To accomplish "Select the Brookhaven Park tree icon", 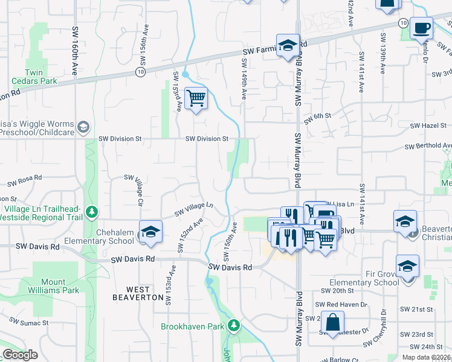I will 234,326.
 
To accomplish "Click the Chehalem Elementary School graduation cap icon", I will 150,231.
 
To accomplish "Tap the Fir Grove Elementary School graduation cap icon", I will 407,265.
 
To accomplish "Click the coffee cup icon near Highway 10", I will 421,27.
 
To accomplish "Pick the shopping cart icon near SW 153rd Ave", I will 196,98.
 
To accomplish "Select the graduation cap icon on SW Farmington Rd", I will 288,45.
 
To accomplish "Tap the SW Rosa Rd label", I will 24,180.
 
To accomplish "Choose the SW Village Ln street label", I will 194,209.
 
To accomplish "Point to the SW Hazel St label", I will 428,125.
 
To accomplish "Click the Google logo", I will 20,355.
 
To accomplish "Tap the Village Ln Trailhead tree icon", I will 91,212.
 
